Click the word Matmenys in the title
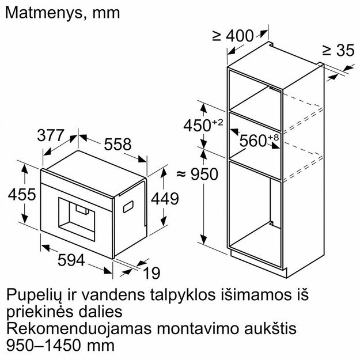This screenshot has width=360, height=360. pos(43,13)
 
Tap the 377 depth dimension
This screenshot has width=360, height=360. pos(50,135)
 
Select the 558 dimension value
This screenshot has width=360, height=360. pos(118,144)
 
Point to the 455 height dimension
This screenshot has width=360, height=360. pos(22,194)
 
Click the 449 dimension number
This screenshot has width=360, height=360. pos(165,199)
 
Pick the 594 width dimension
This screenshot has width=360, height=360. pos(71,260)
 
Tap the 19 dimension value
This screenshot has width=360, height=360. pos(151,273)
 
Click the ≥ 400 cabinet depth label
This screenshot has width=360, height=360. pos(233,36)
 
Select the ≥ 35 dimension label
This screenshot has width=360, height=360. pos(339,50)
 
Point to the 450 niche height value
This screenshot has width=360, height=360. pos(197,126)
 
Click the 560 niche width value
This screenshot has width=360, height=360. pos(253,141)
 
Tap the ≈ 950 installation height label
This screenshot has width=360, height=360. pos(197,174)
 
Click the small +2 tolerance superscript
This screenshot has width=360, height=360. pos(217,122)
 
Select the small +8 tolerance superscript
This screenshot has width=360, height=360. pos(273,138)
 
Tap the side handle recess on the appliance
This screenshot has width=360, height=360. pos(128,207)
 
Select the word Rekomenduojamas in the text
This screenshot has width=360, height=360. pos(79,329)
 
